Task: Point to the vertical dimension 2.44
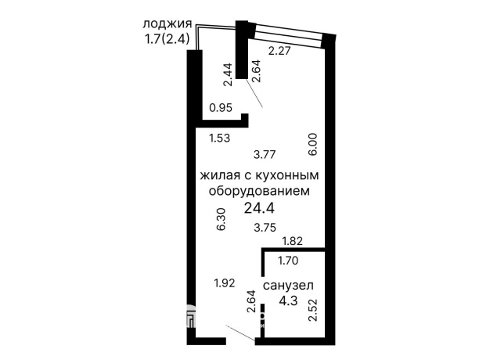(x=228, y=74)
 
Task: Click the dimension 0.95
(x=220, y=109)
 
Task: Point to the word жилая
(x=221, y=175)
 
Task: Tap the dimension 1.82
(x=292, y=242)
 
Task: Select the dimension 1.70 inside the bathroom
(x=290, y=261)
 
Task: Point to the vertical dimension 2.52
(x=313, y=311)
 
